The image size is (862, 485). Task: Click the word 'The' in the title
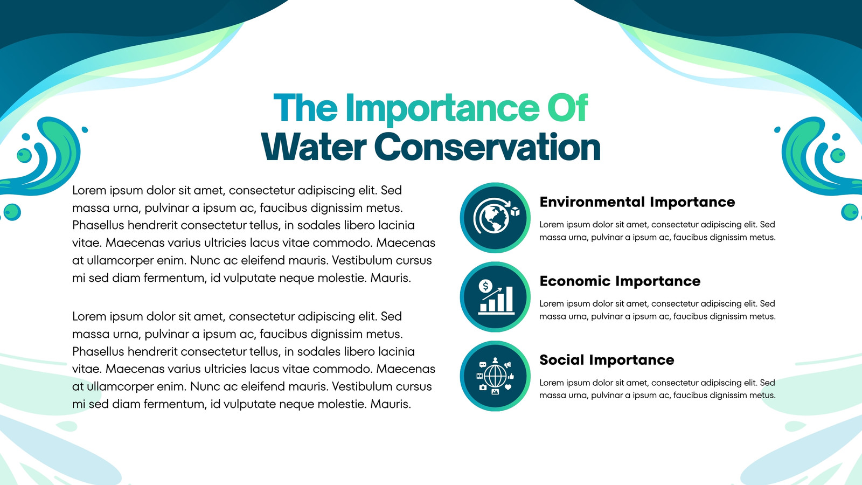(x=305, y=108)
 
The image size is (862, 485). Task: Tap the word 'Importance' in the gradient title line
(x=442, y=110)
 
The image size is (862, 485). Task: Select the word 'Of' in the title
(x=568, y=108)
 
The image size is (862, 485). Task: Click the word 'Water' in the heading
(x=313, y=147)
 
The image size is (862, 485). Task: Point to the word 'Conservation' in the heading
(x=487, y=147)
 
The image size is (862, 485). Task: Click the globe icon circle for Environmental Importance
(x=495, y=218)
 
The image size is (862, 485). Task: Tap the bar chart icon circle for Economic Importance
(x=495, y=297)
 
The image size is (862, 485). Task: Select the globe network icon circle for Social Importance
(x=495, y=376)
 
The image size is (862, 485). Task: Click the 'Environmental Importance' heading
(x=637, y=202)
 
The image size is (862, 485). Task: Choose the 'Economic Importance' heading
(x=620, y=281)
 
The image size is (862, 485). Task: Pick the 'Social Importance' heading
(x=607, y=360)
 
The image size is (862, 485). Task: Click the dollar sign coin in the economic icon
(x=485, y=286)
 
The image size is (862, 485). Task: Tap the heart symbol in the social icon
(x=508, y=387)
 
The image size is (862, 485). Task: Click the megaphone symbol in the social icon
(x=508, y=364)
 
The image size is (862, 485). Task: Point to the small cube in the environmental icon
(x=515, y=211)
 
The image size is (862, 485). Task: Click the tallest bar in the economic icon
(x=509, y=299)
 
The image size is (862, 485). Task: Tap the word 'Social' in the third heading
(x=562, y=360)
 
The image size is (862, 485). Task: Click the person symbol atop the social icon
(x=495, y=361)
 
